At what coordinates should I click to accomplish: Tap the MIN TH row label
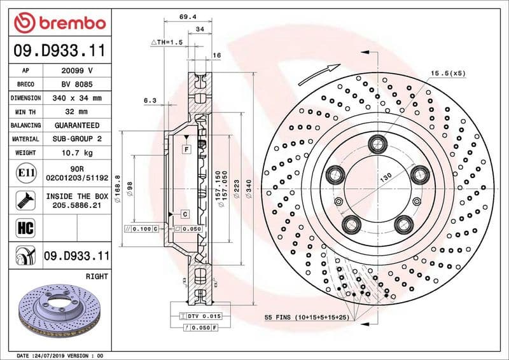(x=26, y=112)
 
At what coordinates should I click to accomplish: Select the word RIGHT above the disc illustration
(x=96, y=277)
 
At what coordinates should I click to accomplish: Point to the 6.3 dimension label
(x=150, y=100)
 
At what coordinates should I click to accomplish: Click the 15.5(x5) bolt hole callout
(x=448, y=74)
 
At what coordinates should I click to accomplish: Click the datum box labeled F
(x=186, y=149)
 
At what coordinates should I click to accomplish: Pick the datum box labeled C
(x=184, y=214)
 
